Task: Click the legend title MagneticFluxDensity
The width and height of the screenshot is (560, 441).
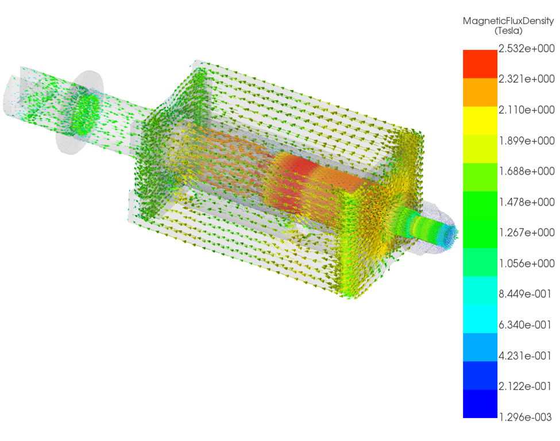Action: click(x=508, y=21)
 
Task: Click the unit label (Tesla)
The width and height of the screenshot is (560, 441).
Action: click(x=508, y=30)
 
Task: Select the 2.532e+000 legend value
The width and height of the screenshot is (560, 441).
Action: click(x=527, y=48)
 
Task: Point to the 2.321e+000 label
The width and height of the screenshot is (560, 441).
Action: click(x=527, y=79)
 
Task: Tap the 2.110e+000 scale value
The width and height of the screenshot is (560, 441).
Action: click(x=527, y=110)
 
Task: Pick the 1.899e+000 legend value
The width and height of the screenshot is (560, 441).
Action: click(x=527, y=141)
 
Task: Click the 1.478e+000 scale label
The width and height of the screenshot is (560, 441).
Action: click(x=527, y=202)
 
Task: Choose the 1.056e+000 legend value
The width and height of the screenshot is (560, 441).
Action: click(x=527, y=264)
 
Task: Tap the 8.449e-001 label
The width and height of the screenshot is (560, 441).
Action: click(x=525, y=294)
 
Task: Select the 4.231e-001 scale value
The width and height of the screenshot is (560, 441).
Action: click(x=525, y=355)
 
